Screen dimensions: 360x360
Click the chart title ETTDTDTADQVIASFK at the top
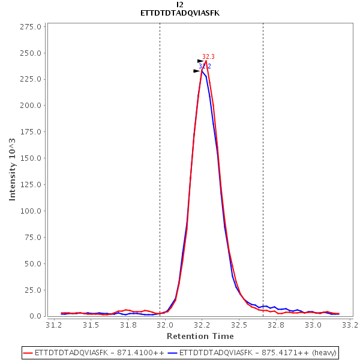click(180, 13)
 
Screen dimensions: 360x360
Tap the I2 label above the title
click(180, 5)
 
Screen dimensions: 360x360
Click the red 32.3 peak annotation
click(208, 56)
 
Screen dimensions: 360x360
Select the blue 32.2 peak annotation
click(205, 66)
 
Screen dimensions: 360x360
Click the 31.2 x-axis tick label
click(54, 325)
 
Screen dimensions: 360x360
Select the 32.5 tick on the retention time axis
click(239, 325)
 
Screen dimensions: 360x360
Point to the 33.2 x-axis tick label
click(350, 325)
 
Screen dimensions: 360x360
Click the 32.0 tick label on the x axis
click(165, 325)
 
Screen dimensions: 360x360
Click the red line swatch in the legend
click(28, 353)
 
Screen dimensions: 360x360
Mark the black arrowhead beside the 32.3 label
click(201, 61)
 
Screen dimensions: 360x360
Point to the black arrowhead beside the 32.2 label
click(197, 71)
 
